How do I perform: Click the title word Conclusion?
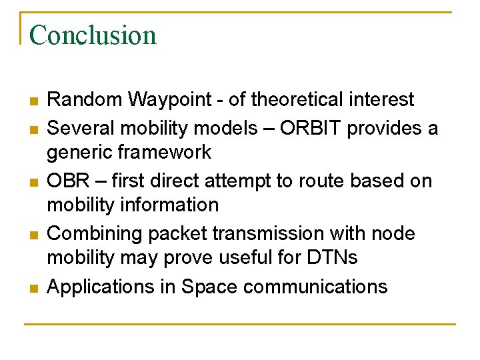[93, 35]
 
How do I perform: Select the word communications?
[315, 287]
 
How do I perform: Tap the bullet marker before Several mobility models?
[33, 128]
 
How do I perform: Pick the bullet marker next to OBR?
[33, 181]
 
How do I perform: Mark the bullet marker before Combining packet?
[33, 235]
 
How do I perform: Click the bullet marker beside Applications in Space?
[33, 288]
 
